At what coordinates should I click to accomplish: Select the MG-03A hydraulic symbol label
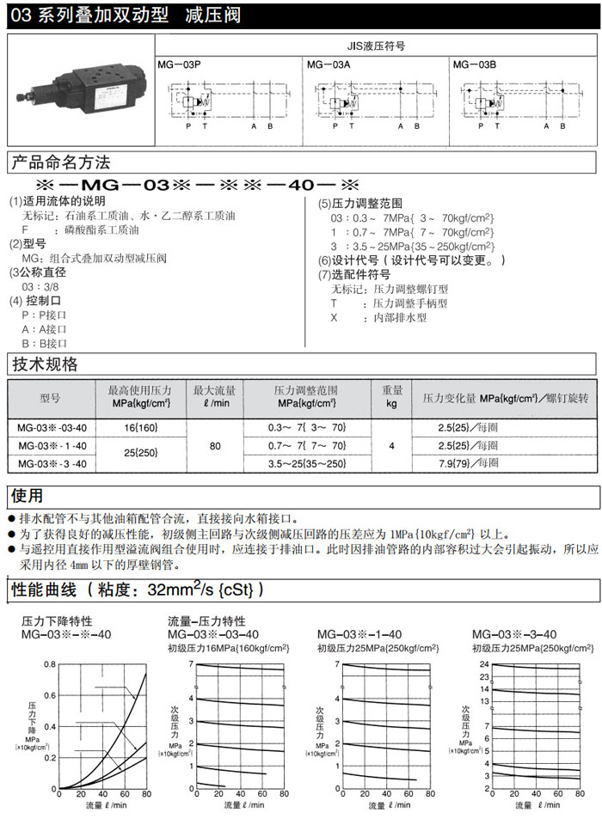click(327, 64)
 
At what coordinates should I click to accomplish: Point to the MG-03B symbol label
click(474, 64)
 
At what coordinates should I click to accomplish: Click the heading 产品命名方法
click(60, 162)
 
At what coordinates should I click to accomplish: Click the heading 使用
click(27, 496)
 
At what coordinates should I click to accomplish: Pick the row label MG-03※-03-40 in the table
click(51, 427)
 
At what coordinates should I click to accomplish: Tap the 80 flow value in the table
click(214, 445)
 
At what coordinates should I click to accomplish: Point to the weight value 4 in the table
click(391, 445)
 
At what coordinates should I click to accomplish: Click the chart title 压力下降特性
click(57, 620)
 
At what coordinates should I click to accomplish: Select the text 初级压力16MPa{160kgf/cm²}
click(227, 648)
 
